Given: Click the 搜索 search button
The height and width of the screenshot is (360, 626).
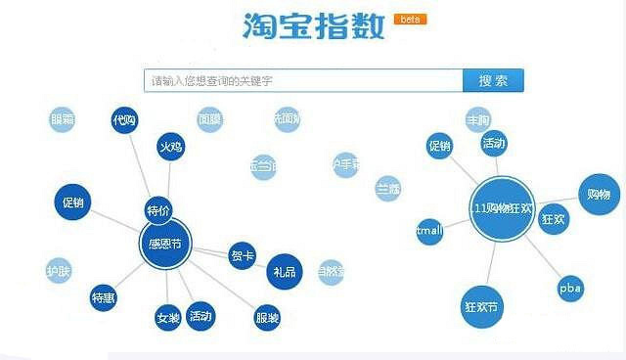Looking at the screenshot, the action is (x=493, y=81).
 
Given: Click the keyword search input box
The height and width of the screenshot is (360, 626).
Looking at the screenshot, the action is (x=303, y=81).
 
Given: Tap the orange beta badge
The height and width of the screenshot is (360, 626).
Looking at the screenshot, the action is (x=409, y=19).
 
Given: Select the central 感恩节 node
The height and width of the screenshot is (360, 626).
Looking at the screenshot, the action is (x=164, y=243).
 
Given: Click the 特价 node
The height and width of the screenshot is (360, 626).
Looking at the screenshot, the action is (x=158, y=210).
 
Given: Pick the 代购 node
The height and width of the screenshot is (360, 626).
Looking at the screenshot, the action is (x=124, y=120).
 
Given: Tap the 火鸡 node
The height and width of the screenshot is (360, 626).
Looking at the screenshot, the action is (x=170, y=147).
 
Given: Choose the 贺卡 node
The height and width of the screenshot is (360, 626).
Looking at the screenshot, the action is (x=242, y=256).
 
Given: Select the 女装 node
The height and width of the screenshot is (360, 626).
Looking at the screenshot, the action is (x=167, y=317).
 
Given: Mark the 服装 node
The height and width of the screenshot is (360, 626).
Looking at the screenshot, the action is (x=266, y=317).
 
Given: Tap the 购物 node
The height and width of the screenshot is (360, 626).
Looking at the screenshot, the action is (x=598, y=194).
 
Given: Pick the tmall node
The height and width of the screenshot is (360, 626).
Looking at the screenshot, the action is (x=429, y=231).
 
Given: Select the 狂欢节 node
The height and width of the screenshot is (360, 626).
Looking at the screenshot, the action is (x=481, y=306).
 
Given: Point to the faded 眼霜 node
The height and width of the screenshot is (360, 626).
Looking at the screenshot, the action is (x=62, y=120).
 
